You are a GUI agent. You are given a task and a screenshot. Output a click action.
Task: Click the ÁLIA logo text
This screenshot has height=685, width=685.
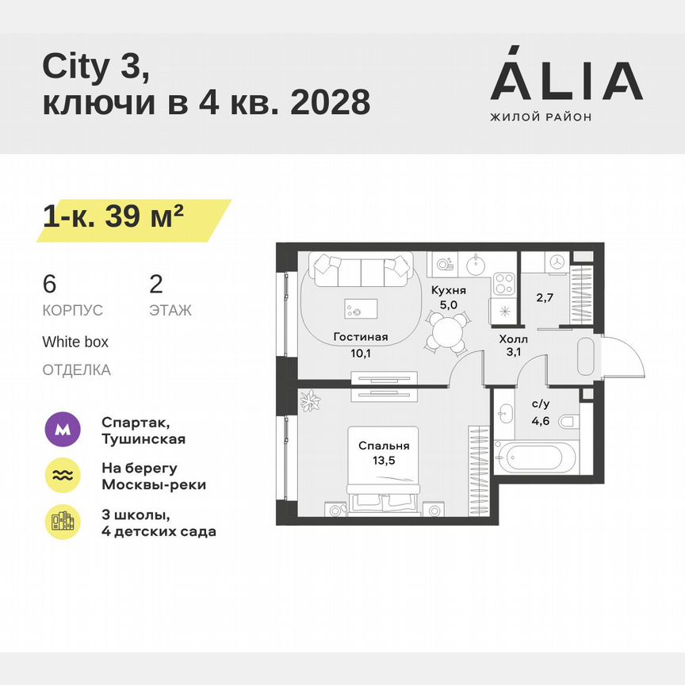[566, 80]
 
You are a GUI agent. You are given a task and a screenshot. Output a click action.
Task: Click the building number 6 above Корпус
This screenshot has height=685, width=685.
[50, 284]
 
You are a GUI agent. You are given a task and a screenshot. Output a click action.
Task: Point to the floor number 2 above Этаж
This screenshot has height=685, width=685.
[156, 284]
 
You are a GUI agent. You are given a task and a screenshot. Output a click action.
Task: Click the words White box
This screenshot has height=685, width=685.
[75, 342]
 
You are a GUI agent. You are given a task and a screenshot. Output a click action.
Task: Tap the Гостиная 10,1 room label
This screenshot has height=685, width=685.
[360, 344]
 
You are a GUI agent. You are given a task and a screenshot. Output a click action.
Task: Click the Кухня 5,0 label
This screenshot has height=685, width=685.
[448, 297]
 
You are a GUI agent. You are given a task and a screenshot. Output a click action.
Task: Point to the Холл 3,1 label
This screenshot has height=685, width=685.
[512, 346]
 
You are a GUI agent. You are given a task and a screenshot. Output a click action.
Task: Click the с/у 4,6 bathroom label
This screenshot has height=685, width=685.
[542, 411]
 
